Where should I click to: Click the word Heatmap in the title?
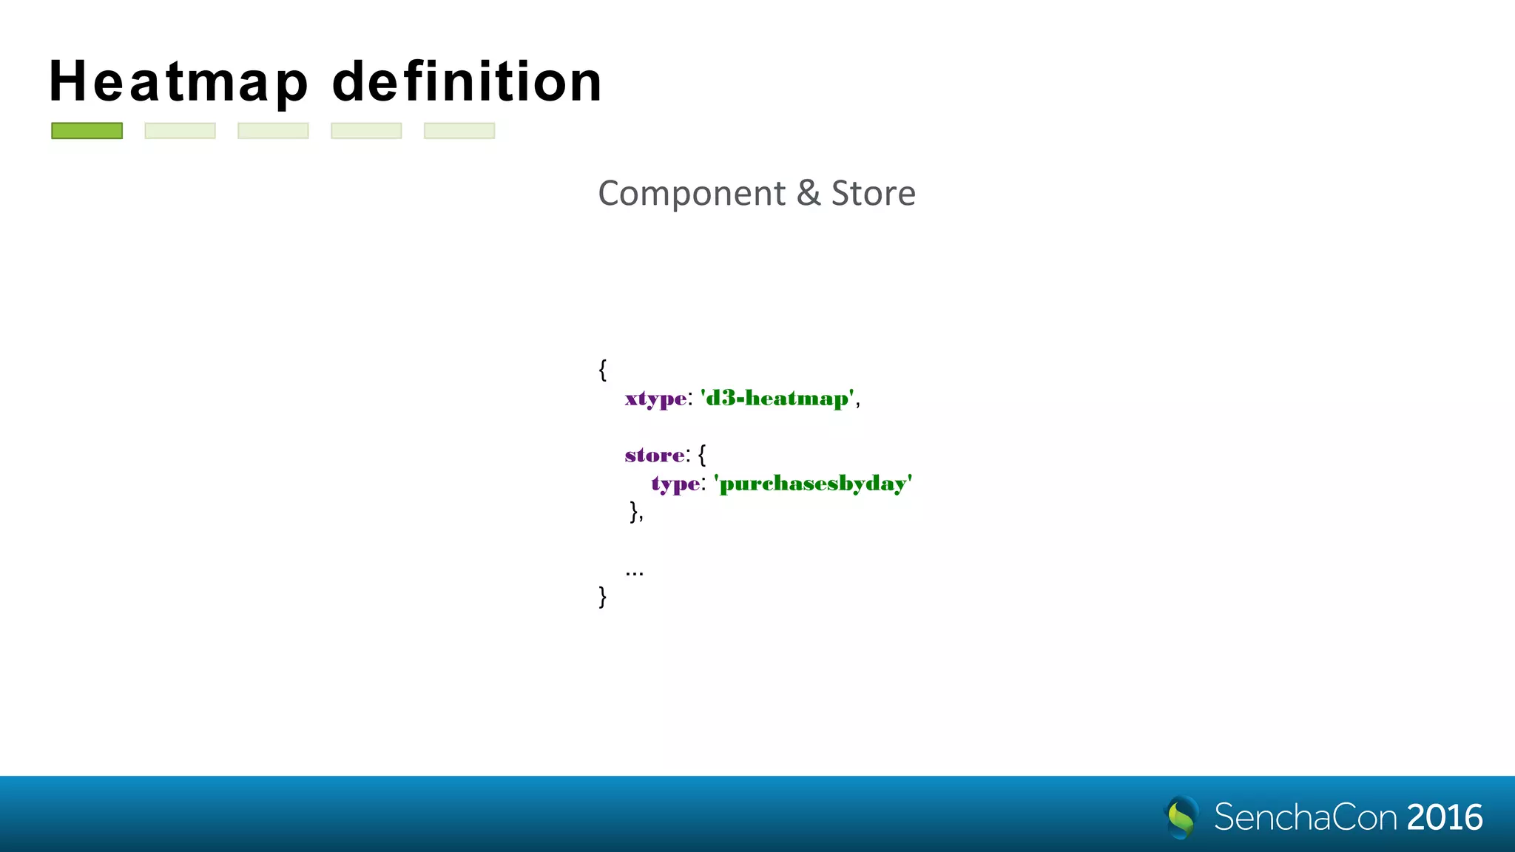point(178,81)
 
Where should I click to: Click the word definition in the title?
point(468,81)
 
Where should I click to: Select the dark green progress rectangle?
point(87,131)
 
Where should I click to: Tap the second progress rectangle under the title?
point(180,131)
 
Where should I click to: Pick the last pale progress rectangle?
point(459,131)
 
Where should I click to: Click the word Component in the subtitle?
point(692,194)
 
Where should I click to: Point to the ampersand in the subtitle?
point(809,194)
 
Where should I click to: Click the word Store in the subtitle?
point(874,194)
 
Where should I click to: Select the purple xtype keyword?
point(655,399)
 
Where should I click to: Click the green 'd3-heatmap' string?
point(777,399)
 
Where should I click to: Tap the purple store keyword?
point(655,455)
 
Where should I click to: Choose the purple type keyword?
point(675,484)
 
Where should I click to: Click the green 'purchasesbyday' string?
point(814,484)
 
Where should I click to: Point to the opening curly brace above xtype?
point(603,369)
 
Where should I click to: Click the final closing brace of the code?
point(603,596)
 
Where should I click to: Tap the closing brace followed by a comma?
point(635,511)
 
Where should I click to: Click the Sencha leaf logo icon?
point(1181,816)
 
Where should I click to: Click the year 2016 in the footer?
point(1445,817)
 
